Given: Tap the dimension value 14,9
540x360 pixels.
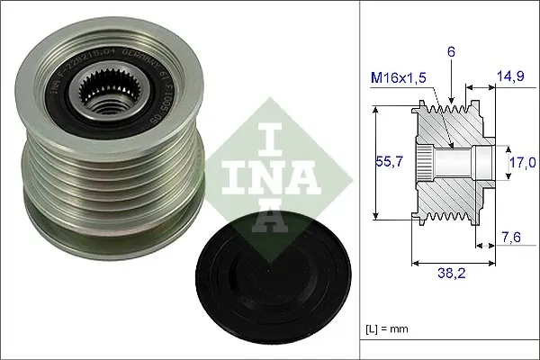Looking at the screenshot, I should (x=508, y=79).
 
